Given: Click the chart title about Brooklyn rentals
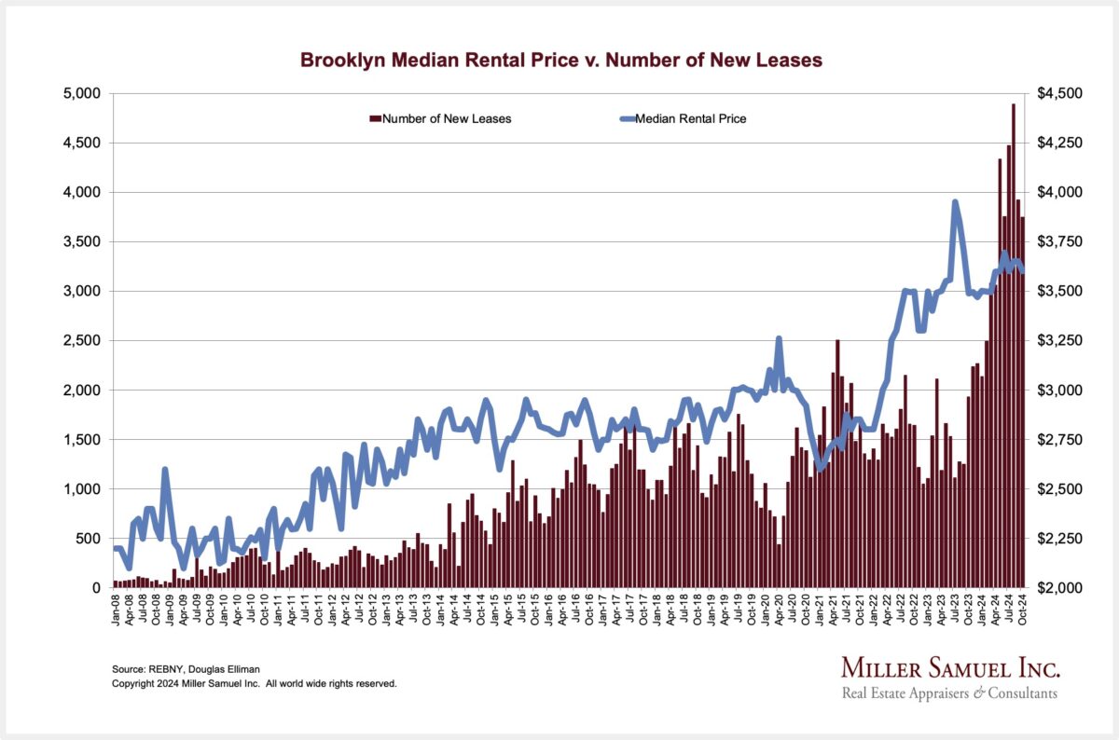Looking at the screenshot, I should (560, 61).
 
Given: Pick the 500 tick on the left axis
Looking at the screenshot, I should (90, 538).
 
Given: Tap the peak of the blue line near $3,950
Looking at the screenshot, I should (955, 202).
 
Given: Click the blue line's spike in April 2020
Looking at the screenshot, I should (778, 339).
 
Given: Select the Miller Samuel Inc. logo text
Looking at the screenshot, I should (950, 668).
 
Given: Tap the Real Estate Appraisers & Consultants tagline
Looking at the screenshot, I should (949, 693).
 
